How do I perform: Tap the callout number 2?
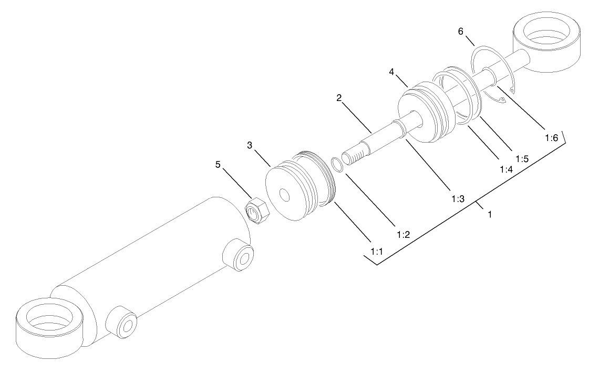[x=339, y=98]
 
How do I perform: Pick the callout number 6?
[x=461, y=32]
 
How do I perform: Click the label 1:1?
[x=376, y=253]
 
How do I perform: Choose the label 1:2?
[x=403, y=235]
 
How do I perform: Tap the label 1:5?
[x=522, y=158]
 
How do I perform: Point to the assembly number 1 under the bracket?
[x=490, y=215]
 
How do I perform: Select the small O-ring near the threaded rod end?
[x=338, y=164]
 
